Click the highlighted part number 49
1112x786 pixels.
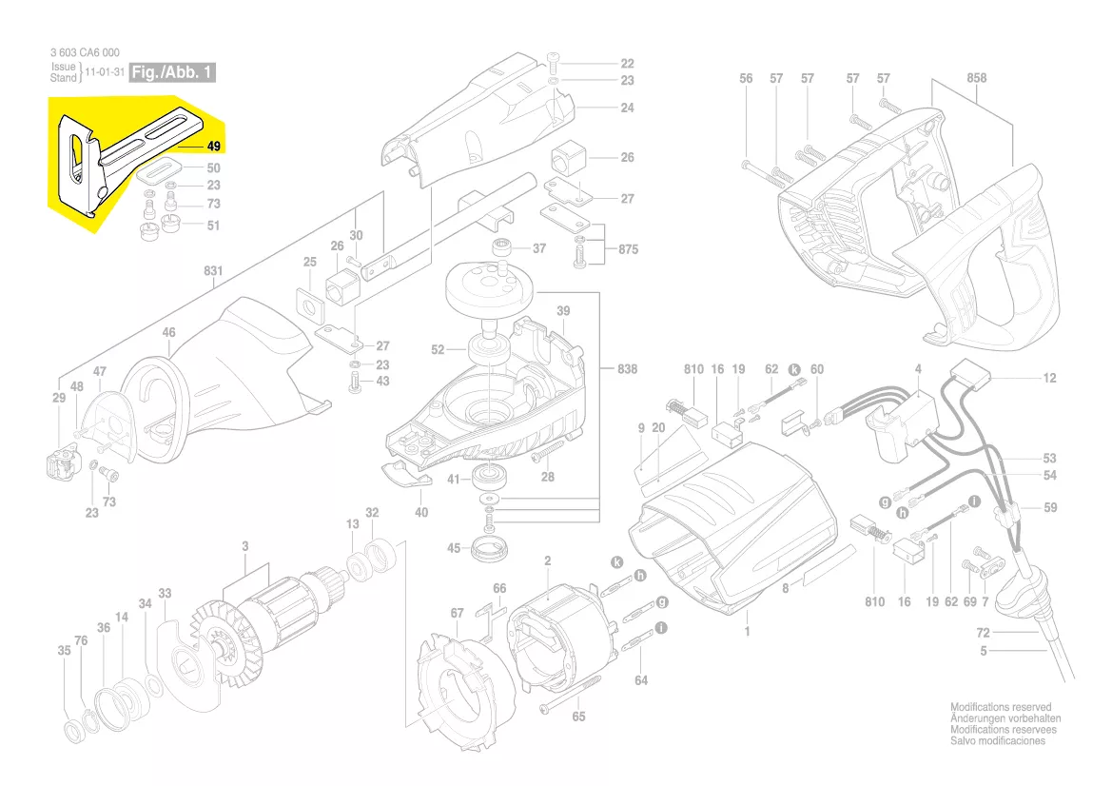tap(213, 147)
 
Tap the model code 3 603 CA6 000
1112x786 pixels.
tap(85, 53)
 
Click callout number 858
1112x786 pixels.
tap(976, 78)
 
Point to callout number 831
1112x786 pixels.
tap(213, 271)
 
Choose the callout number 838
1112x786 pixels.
tap(627, 369)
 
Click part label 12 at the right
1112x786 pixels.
tap(1049, 379)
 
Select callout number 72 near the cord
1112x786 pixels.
tap(984, 633)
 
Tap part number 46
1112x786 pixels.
tap(168, 333)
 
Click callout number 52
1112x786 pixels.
tap(438, 350)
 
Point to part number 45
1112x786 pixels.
tap(454, 548)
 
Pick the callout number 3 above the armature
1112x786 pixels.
tap(244, 546)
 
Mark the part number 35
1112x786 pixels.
tap(64, 652)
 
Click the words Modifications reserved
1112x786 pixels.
tap(1001, 708)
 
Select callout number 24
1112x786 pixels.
tap(627, 108)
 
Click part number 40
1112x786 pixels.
tap(421, 513)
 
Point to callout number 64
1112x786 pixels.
tap(641, 679)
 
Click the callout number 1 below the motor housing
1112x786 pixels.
tap(747, 631)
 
